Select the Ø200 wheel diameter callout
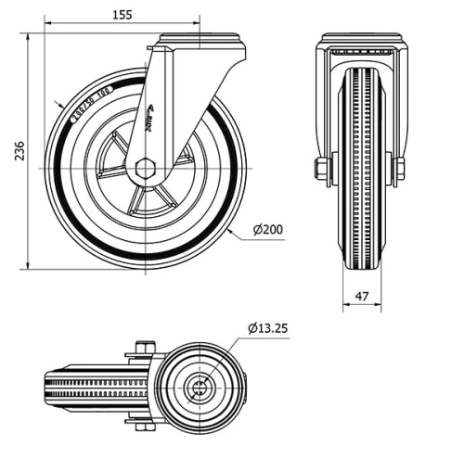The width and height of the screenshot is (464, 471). [267, 229]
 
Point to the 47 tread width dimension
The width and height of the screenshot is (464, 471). [362, 297]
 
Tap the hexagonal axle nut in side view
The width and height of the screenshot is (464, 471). [145, 170]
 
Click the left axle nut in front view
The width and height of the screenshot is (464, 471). [321, 170]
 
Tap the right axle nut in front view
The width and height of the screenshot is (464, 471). [400, 170]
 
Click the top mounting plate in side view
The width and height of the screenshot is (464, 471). [200, 41]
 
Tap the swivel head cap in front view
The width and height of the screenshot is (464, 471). [362, 42]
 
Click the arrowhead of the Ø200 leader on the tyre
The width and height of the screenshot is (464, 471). [228, 226]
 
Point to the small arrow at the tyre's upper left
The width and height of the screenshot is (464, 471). [59, 105]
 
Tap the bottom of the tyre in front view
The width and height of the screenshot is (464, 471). [362, 264]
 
